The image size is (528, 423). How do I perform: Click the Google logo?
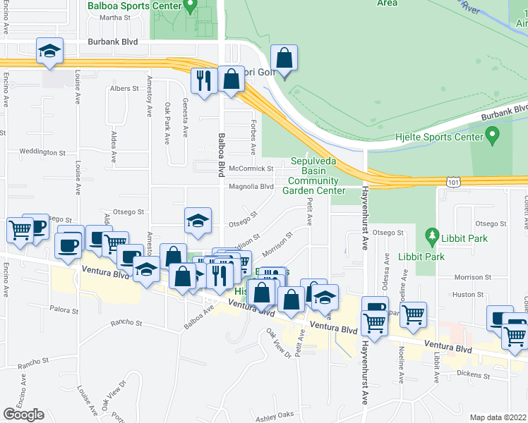pyautogui.click(x=23, y=415)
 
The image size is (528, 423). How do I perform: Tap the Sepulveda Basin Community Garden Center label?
pyautogui.click(x=314, y=176)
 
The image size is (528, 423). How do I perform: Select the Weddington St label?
pyautogui.click(x=42, y=152)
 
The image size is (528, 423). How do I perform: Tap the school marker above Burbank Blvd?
pyautogui.click(x=50, y=51)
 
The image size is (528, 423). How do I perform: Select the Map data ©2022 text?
pyautogui.click(x=499, y=417)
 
